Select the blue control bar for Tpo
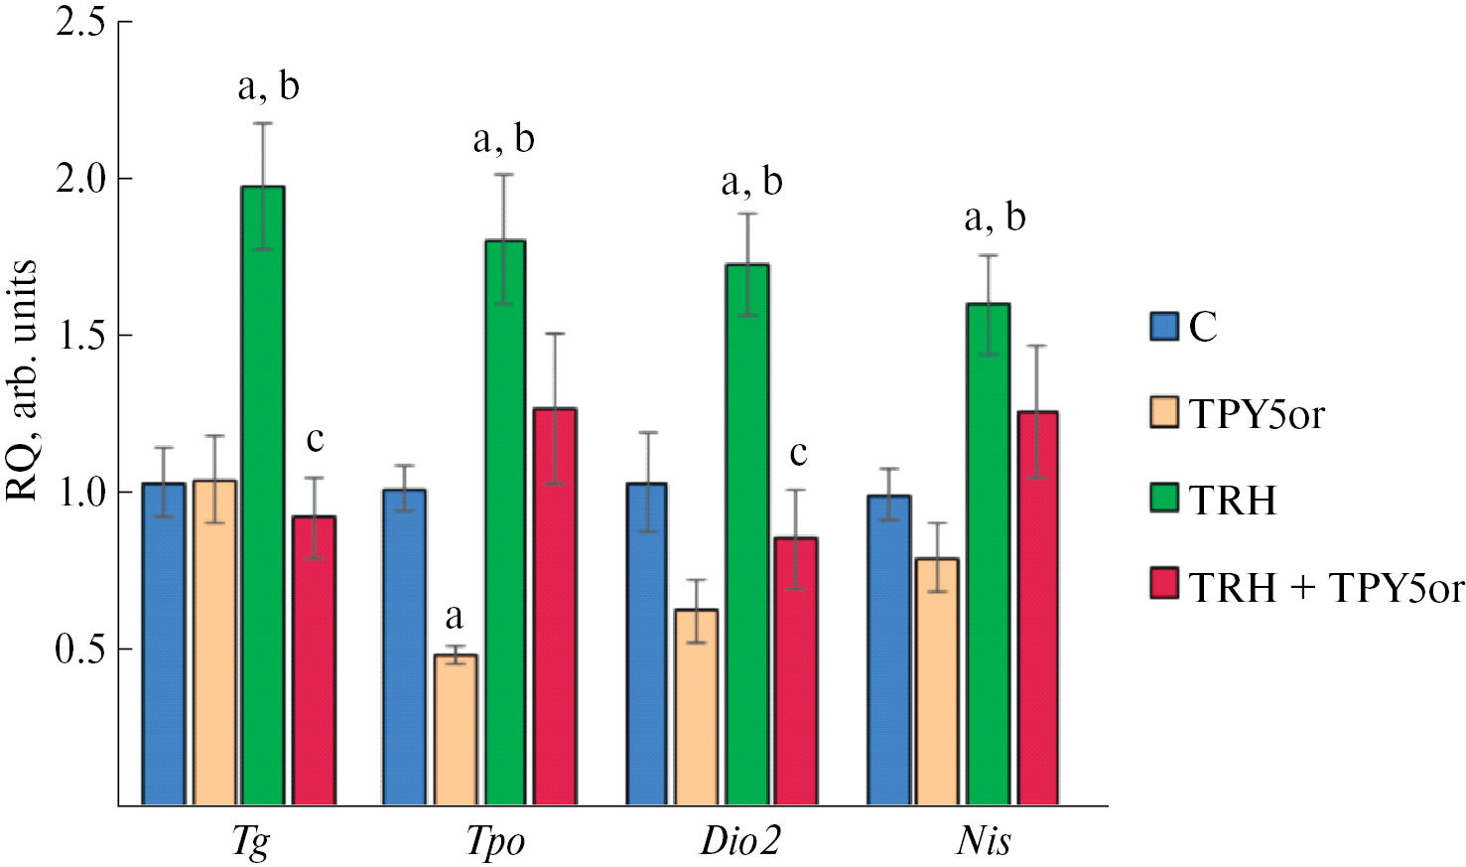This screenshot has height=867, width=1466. pos(404,647)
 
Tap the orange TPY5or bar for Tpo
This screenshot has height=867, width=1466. pos(456,729)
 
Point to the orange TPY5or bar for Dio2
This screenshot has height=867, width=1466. pos(697,706)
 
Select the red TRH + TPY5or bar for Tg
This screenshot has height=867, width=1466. pos(314,659)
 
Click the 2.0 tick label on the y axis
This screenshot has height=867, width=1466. pos(80,179)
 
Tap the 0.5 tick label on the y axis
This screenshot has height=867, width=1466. pos(80,650)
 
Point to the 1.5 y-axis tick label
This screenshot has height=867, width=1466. pos(80,336)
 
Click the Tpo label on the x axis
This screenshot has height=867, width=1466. pos(495,841)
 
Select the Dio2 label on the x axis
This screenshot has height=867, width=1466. pos(740,841)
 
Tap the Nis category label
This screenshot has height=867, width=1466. pos(984,841)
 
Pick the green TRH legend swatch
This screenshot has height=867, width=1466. pos(1163,498)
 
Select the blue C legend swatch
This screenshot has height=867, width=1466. pos(1163,326)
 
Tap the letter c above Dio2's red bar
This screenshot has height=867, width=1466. pos(798,454)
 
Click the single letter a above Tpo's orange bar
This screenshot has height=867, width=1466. pos(454,618)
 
